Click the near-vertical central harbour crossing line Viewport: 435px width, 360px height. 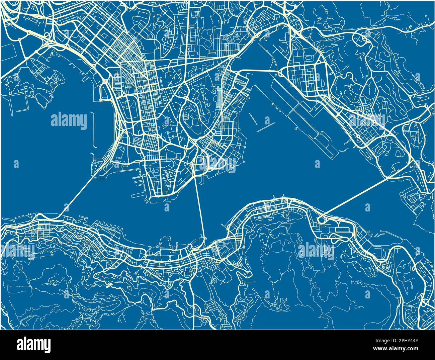(199, 207)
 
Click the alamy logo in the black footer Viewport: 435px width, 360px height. (34, 344)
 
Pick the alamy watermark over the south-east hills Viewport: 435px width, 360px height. (316, 250)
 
